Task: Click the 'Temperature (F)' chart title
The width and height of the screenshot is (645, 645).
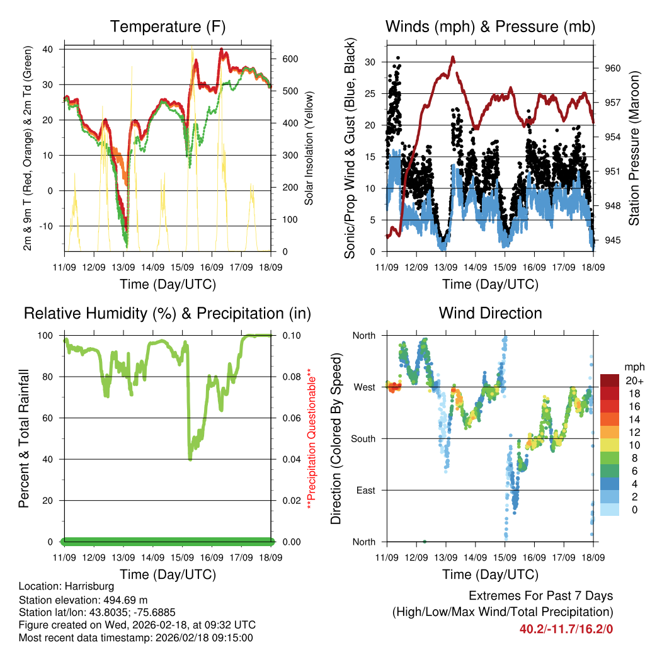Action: [168, 27]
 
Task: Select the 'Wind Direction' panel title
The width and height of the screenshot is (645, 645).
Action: [490, 313]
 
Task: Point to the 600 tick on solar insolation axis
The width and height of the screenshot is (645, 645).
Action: [290, 59]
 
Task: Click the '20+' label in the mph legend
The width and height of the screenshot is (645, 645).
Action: [633, 380]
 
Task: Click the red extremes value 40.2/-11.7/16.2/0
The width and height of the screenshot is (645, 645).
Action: [566, 629]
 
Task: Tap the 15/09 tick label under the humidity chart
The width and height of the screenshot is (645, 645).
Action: [183, 558]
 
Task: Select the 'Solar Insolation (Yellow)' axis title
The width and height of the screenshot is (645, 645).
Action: [309, 149]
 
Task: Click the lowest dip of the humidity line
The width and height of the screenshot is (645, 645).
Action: [190, 459]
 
